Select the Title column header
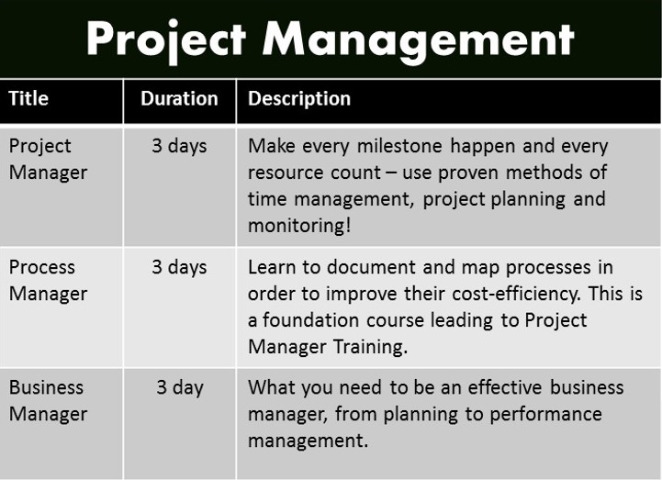28,98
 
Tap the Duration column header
179,98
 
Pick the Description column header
299,99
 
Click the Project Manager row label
48,160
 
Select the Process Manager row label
48,281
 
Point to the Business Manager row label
48,401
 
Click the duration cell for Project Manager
179,147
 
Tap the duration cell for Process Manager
179,268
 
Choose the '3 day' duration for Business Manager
180,388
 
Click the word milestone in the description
399,146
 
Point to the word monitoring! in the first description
299,226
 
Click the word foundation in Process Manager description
310,320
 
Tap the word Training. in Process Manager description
371,348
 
